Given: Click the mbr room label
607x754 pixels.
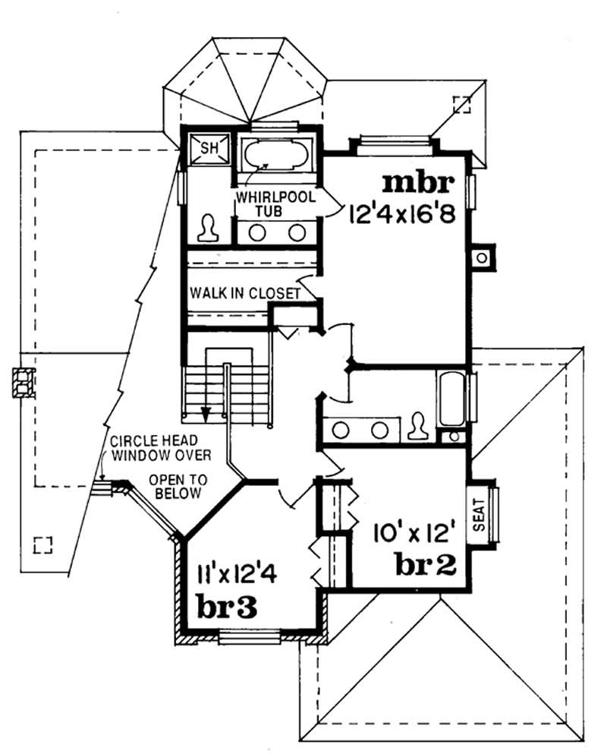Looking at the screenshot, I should pyautogui.click(x=418, y=184).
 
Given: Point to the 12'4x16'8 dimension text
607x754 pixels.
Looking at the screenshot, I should pyautogui.click(x=401, y=214).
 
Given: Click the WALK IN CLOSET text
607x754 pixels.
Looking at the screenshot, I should pyautogui.click(x=244, y=292).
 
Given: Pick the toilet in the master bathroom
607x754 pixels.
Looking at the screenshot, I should pyautogui.click(x=207, y=227).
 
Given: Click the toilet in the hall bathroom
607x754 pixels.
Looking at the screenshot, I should pyautogui.click(x=417, y=426).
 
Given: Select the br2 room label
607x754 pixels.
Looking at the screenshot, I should pyautogui.click(x=425, y=563).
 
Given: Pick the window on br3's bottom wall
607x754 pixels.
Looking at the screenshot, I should pyautogui.click(x=250, y=636).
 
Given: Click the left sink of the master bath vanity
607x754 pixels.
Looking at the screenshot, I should pyautogui.click(x=258, y=232).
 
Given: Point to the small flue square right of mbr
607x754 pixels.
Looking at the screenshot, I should pyautogui.click(x=481, y=259).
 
